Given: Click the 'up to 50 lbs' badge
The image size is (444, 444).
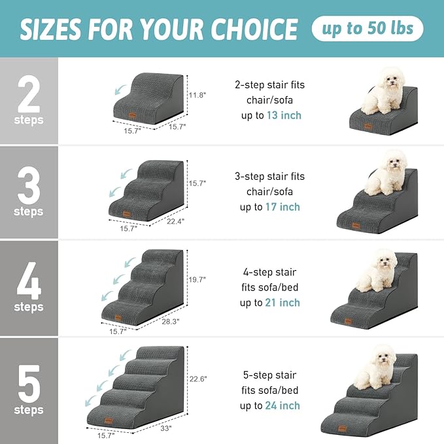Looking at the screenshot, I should tap(367, 29).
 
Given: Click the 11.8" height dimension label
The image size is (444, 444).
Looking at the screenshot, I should tap(197, 95).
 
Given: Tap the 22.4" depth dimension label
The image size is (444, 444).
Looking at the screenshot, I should tap(175, 221).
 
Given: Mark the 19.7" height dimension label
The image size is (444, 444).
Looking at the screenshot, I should tap(196, 279).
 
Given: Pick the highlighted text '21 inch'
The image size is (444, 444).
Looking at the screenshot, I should tap(283, 303).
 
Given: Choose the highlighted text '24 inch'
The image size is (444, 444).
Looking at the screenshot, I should tap(283, 405).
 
